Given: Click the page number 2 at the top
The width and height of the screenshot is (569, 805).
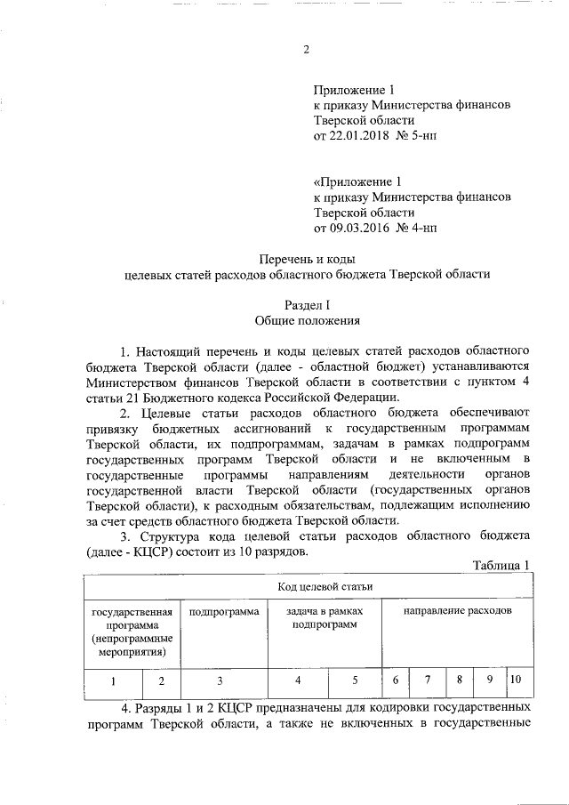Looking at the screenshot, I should click(306, 50).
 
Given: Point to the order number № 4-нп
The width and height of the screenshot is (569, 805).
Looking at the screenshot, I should click(418, 228).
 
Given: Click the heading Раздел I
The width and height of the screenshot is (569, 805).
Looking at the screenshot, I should click(307, 305).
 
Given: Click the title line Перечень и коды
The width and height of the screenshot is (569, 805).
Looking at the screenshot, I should click(307, 259).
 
